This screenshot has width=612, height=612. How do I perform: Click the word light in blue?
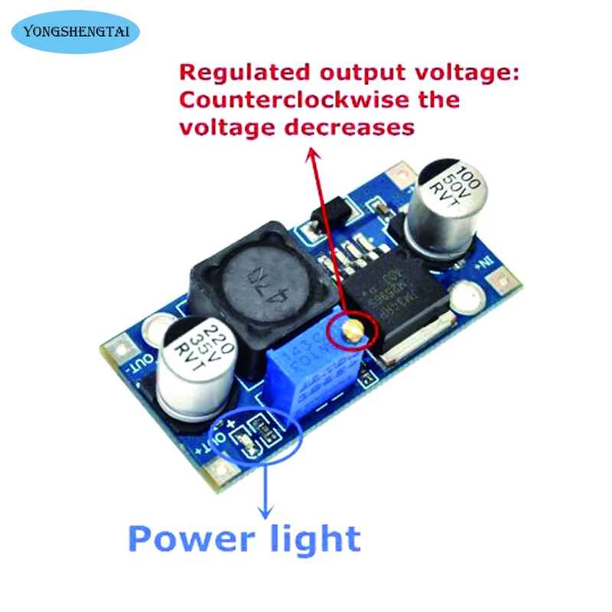tap(313, 539)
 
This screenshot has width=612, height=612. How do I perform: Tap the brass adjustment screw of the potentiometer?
tap(353, 330)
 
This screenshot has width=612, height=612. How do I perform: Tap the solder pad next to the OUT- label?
tap(122, 350)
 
